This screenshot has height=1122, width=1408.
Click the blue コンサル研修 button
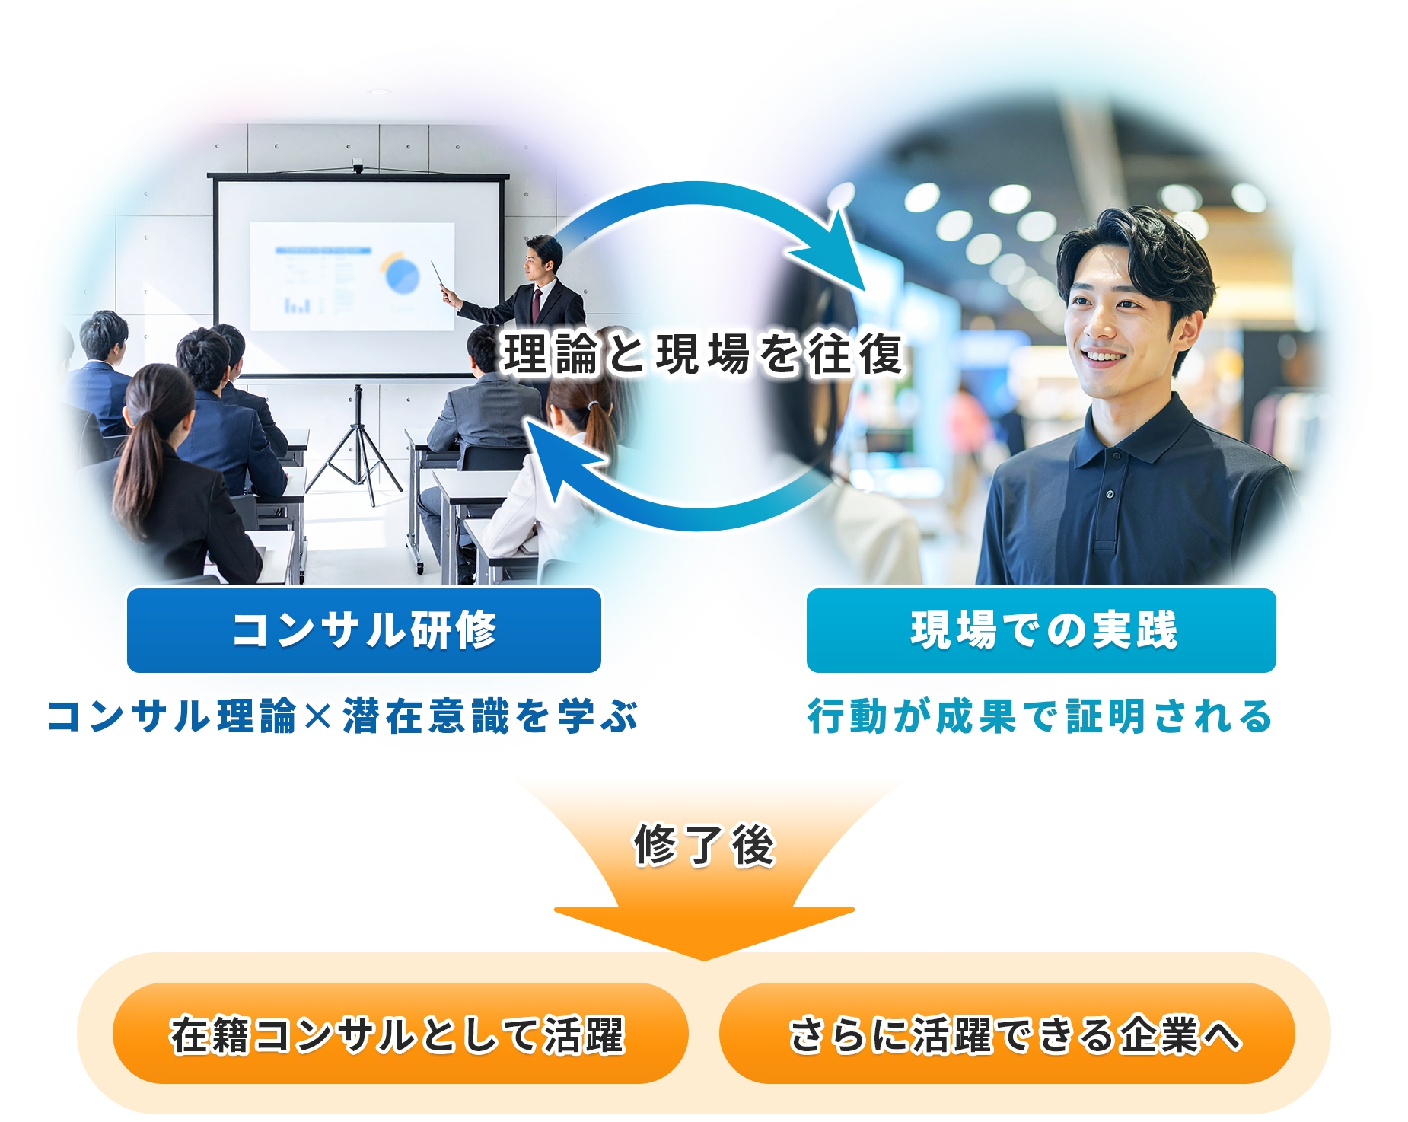[364, 630]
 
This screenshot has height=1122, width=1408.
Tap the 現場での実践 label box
[1041, 630]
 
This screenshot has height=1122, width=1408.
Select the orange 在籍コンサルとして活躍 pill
[400, 1034]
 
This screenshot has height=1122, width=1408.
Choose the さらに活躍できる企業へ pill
[1007, 1034]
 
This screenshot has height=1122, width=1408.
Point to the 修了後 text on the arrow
[704, 845]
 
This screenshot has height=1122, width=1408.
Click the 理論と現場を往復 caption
[703, 354]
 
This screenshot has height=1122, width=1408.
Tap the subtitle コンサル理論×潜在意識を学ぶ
[342, 716]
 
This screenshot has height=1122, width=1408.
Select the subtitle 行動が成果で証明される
[1040, 716]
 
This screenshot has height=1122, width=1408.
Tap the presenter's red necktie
[537, 304]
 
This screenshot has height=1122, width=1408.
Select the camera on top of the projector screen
[358, 166]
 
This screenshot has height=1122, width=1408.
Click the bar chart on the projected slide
[297, 305]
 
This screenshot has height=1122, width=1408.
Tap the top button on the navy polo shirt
[1110, 495]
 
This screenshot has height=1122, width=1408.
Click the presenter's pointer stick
[438, 276]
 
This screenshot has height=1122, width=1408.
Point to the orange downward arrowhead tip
[704, 959]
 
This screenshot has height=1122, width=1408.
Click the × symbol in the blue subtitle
[318, 717]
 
